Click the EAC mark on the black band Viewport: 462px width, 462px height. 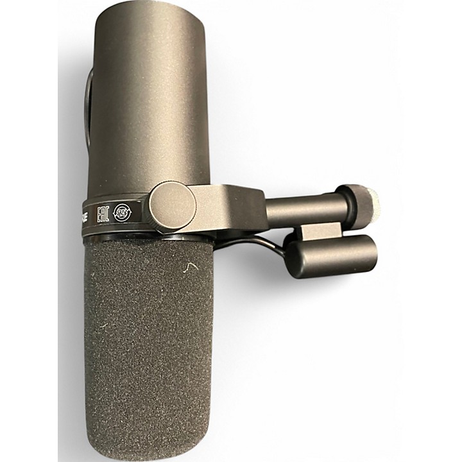point(102,214)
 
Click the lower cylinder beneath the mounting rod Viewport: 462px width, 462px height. point(334,254)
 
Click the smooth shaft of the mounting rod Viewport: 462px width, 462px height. point(302,209)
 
